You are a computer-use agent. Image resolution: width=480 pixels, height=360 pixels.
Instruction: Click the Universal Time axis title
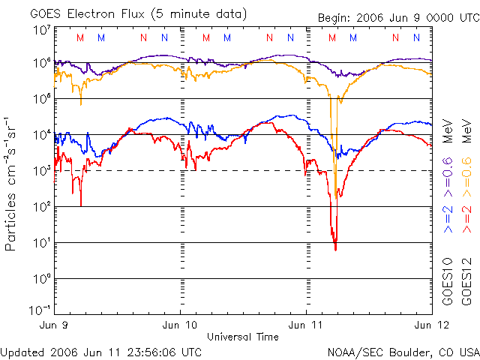click(243, 337)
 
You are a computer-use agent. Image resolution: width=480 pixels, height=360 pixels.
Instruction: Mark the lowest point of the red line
click(335, 249)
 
